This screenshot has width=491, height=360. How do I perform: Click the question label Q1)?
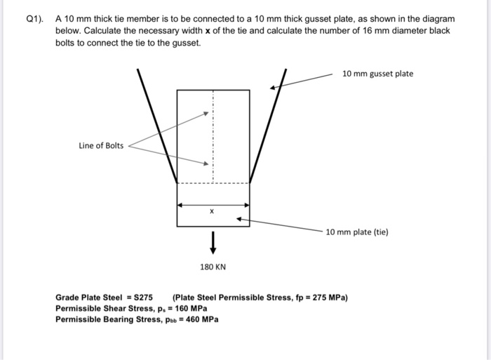coord(34,20)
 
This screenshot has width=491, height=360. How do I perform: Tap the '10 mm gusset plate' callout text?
coord(377,74)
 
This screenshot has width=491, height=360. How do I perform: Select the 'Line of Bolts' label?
coord(101,146)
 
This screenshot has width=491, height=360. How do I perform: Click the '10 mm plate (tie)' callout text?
coord(357,232)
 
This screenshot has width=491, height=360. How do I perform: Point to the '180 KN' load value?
coord(213,267)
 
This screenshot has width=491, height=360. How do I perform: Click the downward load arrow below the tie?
coord(213,243)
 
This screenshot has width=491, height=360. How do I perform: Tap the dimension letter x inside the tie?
coord(212,211)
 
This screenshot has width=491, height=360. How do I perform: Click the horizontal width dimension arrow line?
coord(213,205)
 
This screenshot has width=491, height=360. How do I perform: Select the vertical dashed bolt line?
coord(213,136)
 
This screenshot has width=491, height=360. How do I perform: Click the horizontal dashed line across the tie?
coord(213,183)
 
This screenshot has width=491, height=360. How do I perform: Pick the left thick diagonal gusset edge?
coord(157,126)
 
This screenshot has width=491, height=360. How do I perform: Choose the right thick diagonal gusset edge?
coord(268,126)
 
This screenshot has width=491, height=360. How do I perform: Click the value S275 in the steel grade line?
coord(143,298)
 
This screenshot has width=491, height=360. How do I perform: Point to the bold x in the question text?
coord(208,31)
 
